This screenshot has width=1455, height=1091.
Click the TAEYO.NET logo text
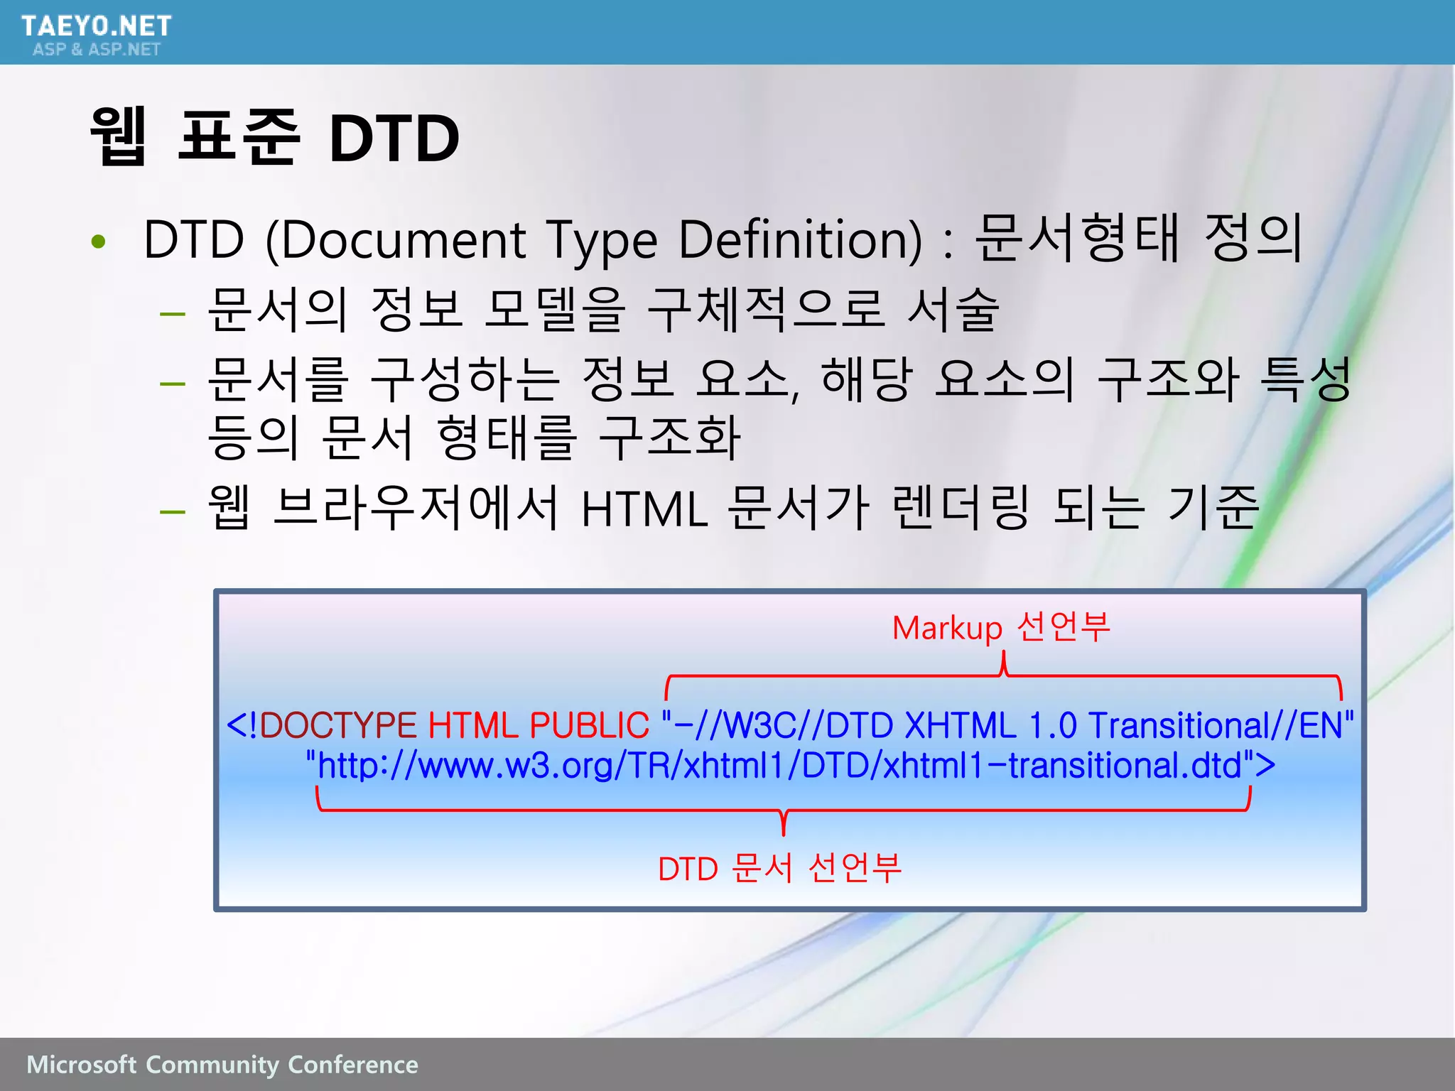[96, 26]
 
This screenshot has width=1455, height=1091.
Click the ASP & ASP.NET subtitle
[96, 49]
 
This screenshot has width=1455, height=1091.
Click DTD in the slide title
[394, 138]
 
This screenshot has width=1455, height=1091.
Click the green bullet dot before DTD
[99, 242]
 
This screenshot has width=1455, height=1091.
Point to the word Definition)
[800, 240]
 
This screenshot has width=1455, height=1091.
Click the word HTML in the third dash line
[644, 509]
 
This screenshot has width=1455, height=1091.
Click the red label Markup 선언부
[1000, 627]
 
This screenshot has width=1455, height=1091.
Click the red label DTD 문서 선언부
[779, 868]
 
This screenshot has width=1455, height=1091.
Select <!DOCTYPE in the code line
[321, 725]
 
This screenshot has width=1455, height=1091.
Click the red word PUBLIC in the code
[589, 725]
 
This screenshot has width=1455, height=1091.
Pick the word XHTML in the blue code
[961, 725]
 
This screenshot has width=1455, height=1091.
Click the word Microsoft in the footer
[81, 1065]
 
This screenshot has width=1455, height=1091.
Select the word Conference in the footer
[353, 1065]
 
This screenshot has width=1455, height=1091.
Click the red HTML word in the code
[472, 725]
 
